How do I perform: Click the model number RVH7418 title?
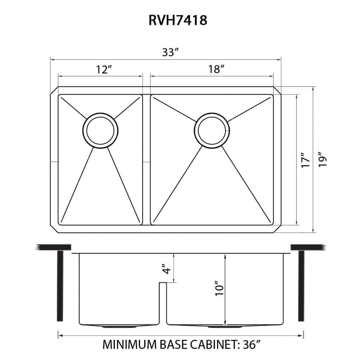click(x=177, y=20)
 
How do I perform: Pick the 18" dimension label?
click(x=216, y=69)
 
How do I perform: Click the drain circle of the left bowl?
click(x=100, y=130)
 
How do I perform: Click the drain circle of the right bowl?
click(x=212, y=130)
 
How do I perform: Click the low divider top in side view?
click(x=163, y=283)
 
